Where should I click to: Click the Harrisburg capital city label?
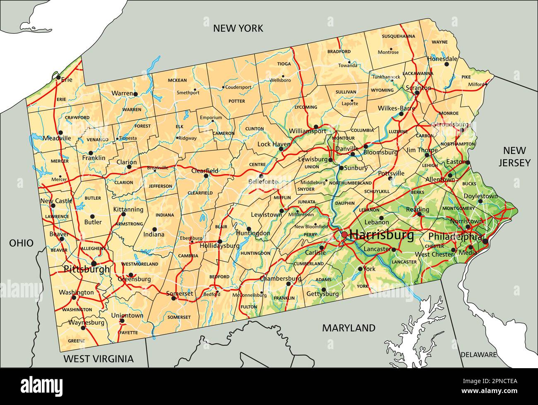click(x=382, y=235)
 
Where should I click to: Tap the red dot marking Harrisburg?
click(x=344, y=235)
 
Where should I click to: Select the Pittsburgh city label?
click(x=87, y=269)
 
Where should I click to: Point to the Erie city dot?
click(x=58, y=77)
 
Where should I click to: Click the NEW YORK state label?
click(x=238, y=28)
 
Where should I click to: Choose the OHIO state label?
click(x=22, y=243)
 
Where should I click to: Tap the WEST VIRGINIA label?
click(x=98, y=359)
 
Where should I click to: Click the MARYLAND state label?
click(x=349, y=328)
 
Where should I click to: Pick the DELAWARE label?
click(x=478, y=355)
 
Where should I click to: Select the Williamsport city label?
click(x=307, y=131)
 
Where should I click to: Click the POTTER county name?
click(x=237, y=101)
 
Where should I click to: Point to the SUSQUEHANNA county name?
click(x=398, y=36)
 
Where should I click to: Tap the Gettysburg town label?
click(x=323, y=294)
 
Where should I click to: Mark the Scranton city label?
click(x=418, y=88)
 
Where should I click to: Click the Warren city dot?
click(x=135, y=94)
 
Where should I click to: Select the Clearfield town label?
click(x=204, y=170)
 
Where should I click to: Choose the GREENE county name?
click(x=76, y=341)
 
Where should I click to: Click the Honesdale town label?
click(x=442, y=59)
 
